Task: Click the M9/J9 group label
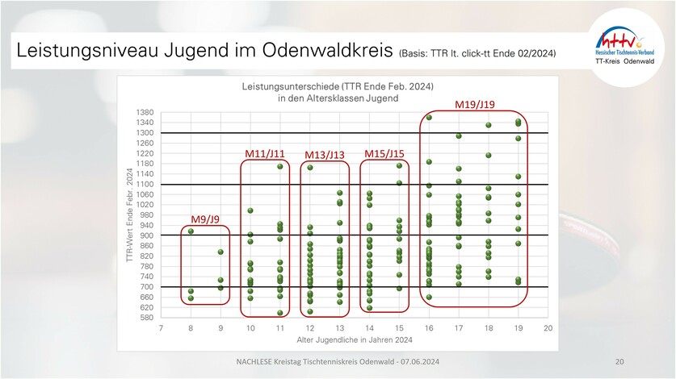point(205,219)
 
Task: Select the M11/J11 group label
point(265,153)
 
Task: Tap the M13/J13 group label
point(325,155)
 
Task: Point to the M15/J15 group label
point(384,153)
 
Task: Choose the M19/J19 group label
point(475,105)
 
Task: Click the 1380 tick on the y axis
point(145,112)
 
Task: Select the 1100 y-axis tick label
point(145,184)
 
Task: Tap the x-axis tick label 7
point(161,328)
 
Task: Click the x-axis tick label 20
point(548,328)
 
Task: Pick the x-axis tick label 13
point(339,328)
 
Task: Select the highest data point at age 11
point(280,166)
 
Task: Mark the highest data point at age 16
point(429,118)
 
